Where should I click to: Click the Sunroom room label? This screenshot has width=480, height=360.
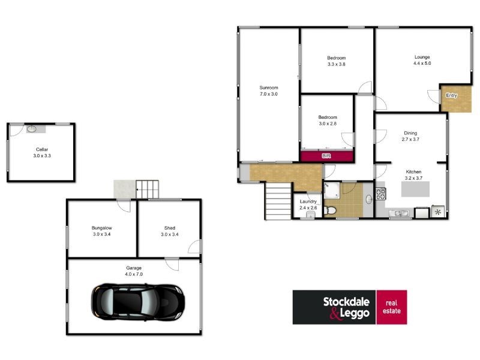tap(269, 87)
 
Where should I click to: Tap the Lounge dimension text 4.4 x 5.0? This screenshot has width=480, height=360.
tap(422, 63)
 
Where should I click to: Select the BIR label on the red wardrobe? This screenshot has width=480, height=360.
tap(326, 156)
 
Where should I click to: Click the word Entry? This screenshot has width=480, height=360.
tap(451, 95)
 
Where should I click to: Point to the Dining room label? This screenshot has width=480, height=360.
tap(410, 133)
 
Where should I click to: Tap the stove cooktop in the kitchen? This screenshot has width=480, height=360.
tap(380, 194)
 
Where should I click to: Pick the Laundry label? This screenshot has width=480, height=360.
tap(308, 202)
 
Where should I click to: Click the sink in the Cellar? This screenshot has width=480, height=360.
tap(32, 129)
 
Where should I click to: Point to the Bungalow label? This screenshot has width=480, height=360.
tap(101, 228)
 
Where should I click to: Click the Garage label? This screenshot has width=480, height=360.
tap(134, 268)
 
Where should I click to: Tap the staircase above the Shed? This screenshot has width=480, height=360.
tap(149, 188)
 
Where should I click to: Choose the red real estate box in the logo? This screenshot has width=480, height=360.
tap(391, 307)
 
